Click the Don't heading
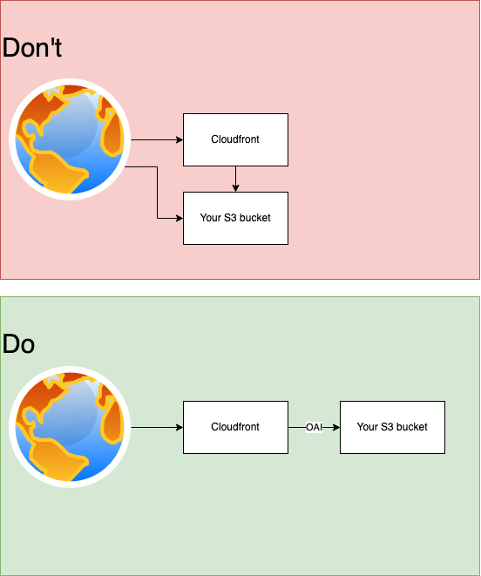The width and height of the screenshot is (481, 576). pyautogui.click(x=32, y=47)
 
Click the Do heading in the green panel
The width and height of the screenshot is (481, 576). pyautogui.click(x=18, y=344)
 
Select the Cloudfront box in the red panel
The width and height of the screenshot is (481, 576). pyautogui.click(x=235, y=139)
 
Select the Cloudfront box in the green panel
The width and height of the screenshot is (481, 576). pyautogui.click(x=235, y=427)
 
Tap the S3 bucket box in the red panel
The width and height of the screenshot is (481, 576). pyautogui.click(x=235, y=218)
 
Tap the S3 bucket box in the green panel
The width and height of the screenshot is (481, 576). pyautogui.click(x=392, y=427)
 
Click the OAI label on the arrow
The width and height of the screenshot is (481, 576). pyautogui.click(x=315, y=427)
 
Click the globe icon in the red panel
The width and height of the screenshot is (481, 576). pyautogui.click(x=70, y=139)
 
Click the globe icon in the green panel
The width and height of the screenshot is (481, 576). pyautogui.click(x=70, y=427)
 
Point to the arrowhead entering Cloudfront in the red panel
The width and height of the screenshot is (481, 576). pyautogui.click(x=180, y=139)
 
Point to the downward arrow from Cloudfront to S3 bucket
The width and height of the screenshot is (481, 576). pyautogui.click(x=235, y=179)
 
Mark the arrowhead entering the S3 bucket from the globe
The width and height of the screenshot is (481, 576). pyautogui.click(x=180, y=218)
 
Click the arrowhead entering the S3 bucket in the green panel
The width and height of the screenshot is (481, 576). pyautogui.click(x=336, y=427)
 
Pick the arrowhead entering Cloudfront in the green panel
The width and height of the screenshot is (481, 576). pyautogui.click(x=180, y=427)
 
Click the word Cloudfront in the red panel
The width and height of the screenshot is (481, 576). pyautogui.click(x=235, y=139)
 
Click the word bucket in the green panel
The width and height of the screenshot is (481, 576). pyautogui.click(x=412, y=427)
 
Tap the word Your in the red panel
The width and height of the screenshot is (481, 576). pyautogui.click(x=211, y=218)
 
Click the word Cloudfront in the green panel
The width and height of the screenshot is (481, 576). pyautogui.click(x=235, y=427)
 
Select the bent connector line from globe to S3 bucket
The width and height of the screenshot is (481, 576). pyautogui.click(x=158, y=193)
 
